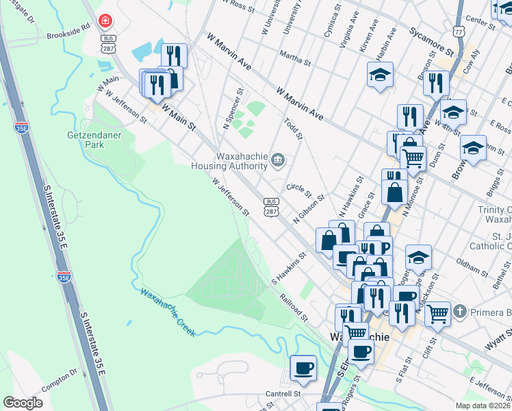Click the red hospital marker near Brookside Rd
tap(106, 21)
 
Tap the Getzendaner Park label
tap(94, 140)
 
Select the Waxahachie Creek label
tap(168, 312)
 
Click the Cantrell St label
tap(283, 395)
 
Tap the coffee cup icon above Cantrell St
tap(303, 368)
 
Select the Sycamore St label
tap(431, 41)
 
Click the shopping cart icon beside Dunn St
tap(413, 158)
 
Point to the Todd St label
tap(293, 126)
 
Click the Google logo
tap(23, 403)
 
